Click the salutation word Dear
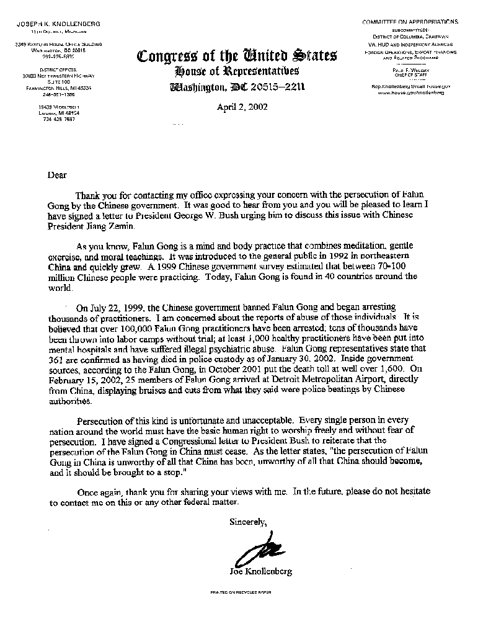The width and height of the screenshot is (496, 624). tap(57, 175)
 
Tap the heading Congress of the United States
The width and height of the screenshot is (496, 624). tap(237, 56)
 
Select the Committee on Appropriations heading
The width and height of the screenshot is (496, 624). tap(410, 22)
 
